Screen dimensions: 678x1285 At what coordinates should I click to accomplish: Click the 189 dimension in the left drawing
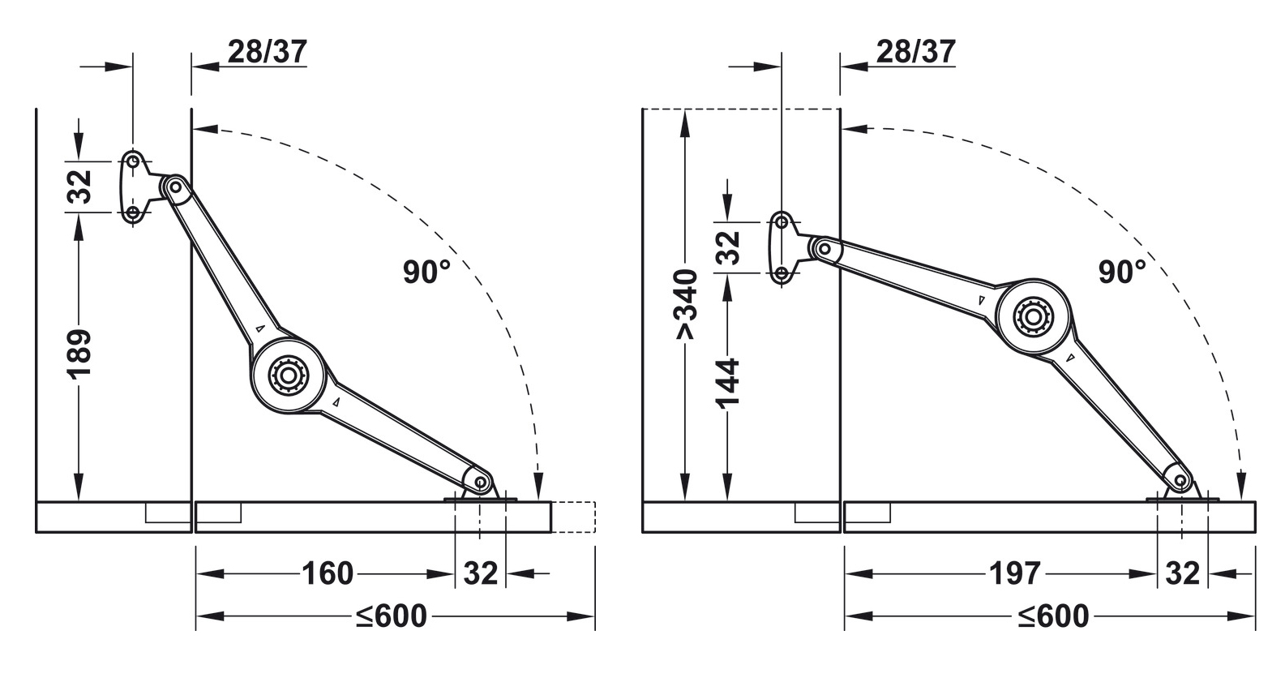pos(79,354)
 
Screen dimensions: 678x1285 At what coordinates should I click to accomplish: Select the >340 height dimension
pos(686,305)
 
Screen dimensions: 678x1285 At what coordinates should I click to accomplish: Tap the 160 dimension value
pos(328,574)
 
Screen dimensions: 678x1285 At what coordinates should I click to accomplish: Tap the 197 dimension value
pos(1014,574)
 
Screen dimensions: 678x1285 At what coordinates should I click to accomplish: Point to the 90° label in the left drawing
pos(426,272)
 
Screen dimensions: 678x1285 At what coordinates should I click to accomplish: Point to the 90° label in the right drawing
pos(1122,272)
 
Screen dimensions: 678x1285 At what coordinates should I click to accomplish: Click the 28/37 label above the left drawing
pos(267,52)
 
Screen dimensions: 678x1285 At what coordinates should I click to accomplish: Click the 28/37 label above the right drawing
pos(915,52)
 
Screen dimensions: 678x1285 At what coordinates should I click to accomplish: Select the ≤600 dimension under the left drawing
pos(391,616)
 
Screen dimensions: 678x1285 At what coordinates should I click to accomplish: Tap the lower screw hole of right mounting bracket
pos(782,274)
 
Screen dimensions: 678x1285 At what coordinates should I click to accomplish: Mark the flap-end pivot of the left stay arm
pos(482,484)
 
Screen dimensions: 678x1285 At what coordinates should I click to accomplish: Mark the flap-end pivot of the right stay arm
pos(1180,483)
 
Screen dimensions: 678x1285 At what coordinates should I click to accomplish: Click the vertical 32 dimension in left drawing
pos(79,187)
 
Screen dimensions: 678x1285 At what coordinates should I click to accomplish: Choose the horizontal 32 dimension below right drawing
pos(1181,574)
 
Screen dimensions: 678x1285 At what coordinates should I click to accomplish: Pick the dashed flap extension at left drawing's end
pos(574,517)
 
